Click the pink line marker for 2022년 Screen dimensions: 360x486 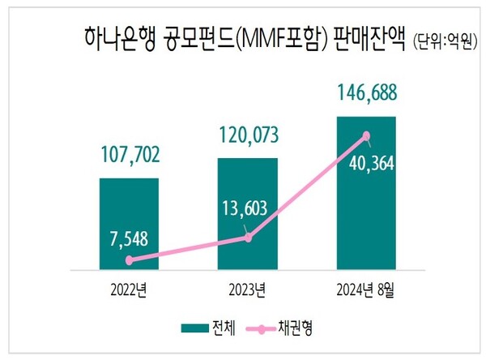[129, 260]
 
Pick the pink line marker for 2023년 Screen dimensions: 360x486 [248, 238]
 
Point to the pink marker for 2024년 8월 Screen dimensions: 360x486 [366, 136]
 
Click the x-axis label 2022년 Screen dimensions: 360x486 [129, 289]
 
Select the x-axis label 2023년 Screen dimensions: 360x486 [248, 289]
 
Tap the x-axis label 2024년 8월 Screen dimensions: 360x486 [366, 289]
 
